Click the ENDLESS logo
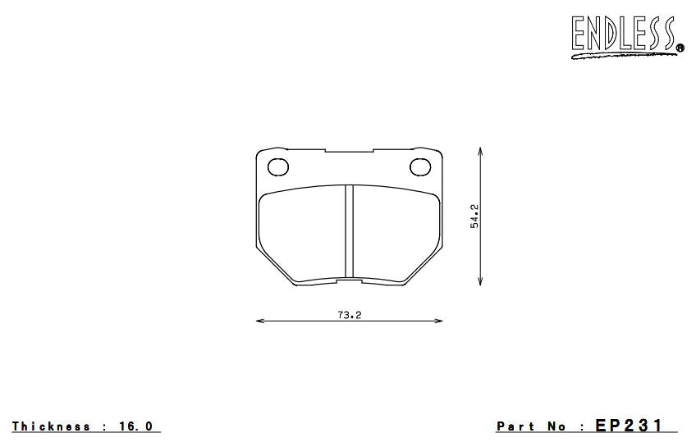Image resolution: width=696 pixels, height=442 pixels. click(x=627, y=36)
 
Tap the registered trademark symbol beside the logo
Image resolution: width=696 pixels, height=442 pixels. click(x=680, y=48)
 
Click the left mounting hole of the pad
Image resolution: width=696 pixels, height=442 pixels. click(x=278, y=167)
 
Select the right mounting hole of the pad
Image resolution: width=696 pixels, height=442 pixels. click(x=420, y=167)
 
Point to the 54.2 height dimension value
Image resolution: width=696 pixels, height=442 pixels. click(x=474, y=216)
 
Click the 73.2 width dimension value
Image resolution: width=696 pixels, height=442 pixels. click(x=350, y=315)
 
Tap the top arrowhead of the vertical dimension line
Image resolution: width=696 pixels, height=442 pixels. click(x=480, y=152)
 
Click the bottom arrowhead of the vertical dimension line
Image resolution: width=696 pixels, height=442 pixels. click(x=480, y=280)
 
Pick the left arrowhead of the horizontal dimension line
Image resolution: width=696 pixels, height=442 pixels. click(x=260, y=321)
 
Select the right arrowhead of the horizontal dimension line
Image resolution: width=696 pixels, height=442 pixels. click(x=438, y=321)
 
